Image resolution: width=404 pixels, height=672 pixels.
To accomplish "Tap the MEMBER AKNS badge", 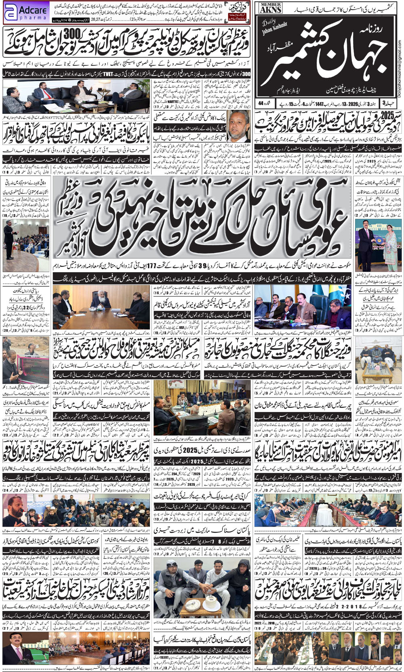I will (271, 8).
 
